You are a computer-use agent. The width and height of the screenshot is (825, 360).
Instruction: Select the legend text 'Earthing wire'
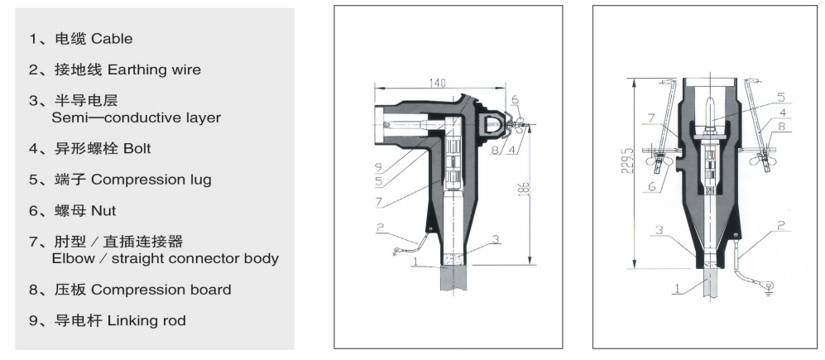click(154, 70)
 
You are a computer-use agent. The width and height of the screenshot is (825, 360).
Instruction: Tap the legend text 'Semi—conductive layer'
click(137, 118)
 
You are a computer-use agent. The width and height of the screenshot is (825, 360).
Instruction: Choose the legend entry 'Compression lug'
click(151, 180)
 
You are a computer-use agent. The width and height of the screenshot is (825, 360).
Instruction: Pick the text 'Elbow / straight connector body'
click(165, 259)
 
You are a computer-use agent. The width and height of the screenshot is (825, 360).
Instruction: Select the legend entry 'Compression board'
click(161, 290)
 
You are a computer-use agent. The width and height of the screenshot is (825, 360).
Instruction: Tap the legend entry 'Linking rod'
click(146, 320)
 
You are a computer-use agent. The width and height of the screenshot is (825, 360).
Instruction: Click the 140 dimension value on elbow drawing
click(437, 83)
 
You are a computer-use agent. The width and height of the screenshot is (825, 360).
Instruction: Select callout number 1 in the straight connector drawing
click(677, 289)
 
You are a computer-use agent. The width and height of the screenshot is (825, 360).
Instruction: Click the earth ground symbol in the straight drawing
click(770, 287)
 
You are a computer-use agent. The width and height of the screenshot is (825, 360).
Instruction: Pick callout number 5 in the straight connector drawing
click(781, 98)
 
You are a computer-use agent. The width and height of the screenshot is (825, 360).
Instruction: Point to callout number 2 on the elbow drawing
click(381, 228)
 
